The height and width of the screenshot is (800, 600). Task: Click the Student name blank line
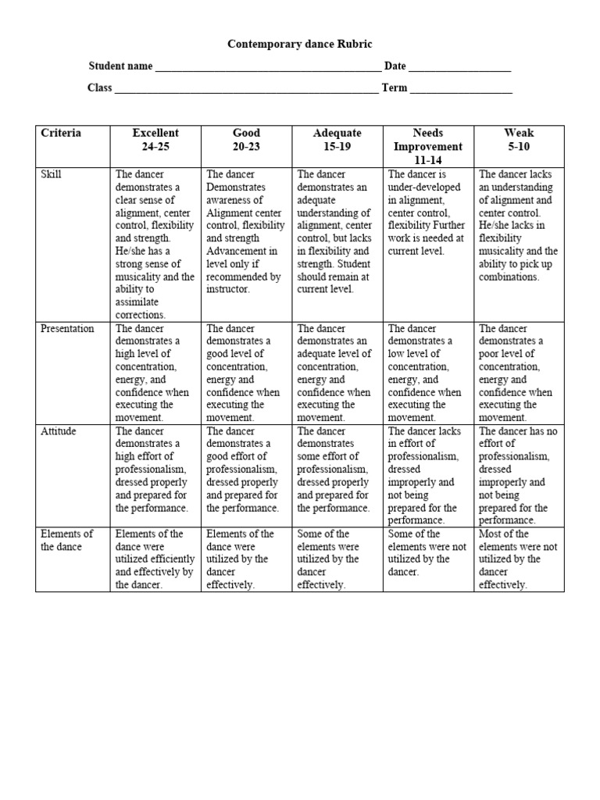(x=268, y=68)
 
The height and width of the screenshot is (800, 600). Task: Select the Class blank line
(x=247, y=89)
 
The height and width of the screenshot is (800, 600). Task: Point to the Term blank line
(x=461, y=89)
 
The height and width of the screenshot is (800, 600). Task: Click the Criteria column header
(x=61, y=134)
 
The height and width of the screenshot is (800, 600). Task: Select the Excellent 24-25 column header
(x=155, y=140)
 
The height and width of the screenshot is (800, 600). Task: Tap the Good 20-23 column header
(x=246, y=140)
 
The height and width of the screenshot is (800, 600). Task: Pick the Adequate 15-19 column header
(x=337, y=140)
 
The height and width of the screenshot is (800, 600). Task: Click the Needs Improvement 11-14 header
(x=427, y=146)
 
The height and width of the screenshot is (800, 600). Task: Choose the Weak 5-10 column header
(x=518, y=140)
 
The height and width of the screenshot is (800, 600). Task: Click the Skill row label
(x=52, y=175)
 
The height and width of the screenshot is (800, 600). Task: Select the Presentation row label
(x=67, y=329)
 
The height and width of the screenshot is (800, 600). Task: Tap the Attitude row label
(x=57, y=431)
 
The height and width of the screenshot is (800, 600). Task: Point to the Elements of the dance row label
(x=66, y=540)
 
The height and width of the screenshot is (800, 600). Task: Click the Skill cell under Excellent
(x=155, y=244)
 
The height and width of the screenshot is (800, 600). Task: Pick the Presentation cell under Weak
(x=518, y=373)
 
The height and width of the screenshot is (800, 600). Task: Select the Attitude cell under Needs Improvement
(x=427, y=475)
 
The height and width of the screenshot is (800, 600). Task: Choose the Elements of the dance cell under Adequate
(x=337, y=559)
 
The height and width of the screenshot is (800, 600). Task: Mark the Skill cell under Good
(x=246, y=231)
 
